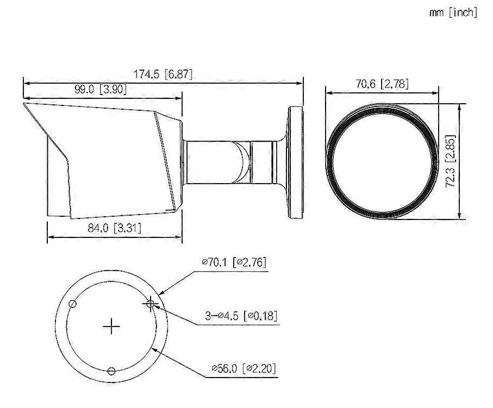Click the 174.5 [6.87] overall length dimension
pyautogui.click(x=163, y=74)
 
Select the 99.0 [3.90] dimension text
pyautogui.click(x=101, y=90)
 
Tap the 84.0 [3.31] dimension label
pyautogui.click(x=115, y=228)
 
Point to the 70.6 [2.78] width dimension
pyautogui.click(x=381, y=84)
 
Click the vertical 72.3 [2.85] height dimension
pyautogui.click(x=450, y=161)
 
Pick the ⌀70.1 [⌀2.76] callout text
pyautogui.click(x=234, y=262)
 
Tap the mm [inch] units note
pyautogui.click(x=453, y=12)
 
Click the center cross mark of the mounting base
pyautogui.click(x=111, y=326)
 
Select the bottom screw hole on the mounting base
pyautogui.click(x=111, y=371)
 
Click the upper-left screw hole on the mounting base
pyautogui.click(x=72, y=304)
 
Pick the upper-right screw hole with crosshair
pyautogui.click(x=151, y=303)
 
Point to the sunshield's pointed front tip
pyautogui.click(x=24, y=103)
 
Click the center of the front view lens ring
pyautogui.click(x=381, y=161)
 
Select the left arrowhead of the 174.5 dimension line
pyautogui.click(x=25, y=83)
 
